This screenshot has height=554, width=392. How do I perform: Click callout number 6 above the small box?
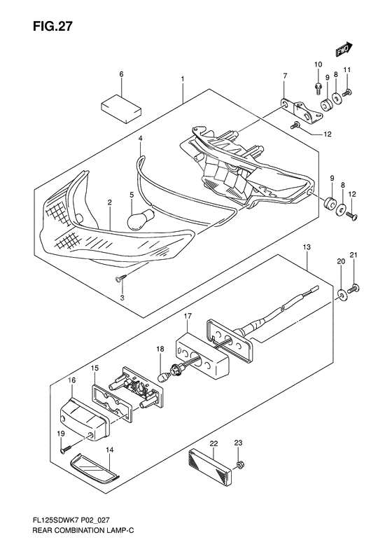121,74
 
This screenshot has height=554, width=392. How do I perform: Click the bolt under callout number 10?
318,89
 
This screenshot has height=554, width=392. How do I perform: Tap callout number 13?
306,247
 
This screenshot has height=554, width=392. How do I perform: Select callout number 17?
188,316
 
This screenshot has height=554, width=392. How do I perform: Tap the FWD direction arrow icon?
342,50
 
